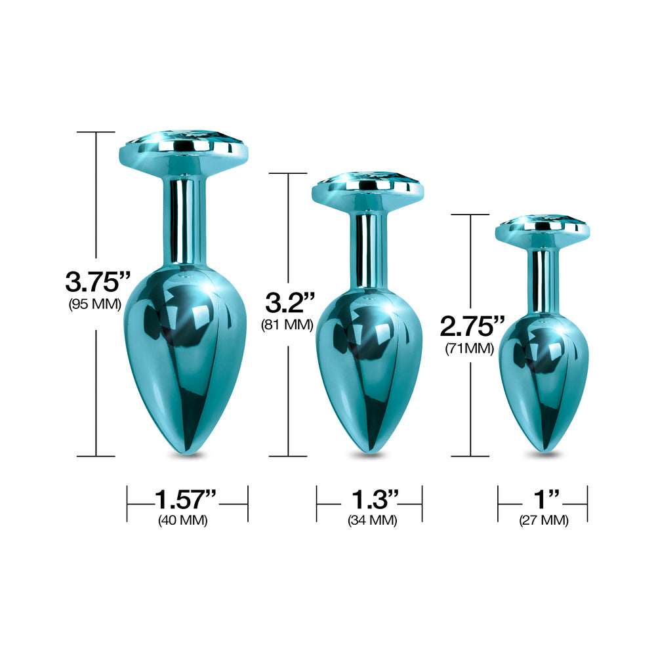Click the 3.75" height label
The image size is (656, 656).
point(96,282)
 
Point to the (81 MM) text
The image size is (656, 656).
point(287,324)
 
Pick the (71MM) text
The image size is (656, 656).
point(469,348)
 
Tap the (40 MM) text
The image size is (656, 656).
point(184,521)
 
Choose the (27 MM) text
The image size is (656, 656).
point(544,521)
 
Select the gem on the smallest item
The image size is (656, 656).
point(543,221)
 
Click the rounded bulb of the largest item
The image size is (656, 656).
point(184,341)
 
